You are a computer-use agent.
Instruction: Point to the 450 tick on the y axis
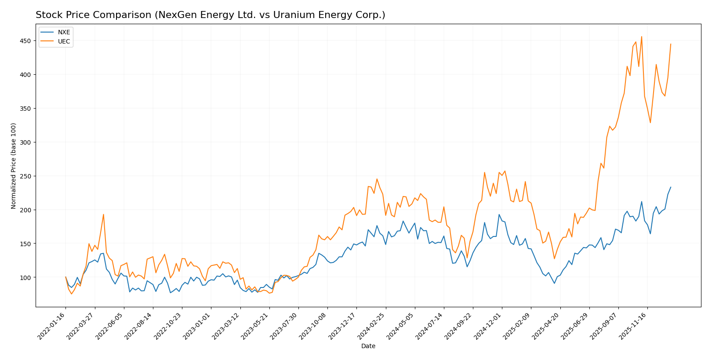[x=25, y=41]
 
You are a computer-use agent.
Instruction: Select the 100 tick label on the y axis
[x=25, y=277]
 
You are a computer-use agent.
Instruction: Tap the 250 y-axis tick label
[x=25, y=176]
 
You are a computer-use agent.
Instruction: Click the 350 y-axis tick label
[x=25, y=109]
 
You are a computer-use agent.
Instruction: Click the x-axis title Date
[x=368, y=346]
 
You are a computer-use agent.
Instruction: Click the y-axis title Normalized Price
[x=14, y=166]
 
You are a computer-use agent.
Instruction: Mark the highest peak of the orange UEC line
[x=641, y=36]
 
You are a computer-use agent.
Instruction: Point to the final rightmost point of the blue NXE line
[x=671, y=187]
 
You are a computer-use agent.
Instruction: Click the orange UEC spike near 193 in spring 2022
[x=103, y=215]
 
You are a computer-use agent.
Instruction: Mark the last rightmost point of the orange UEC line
[x=671, y=44]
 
